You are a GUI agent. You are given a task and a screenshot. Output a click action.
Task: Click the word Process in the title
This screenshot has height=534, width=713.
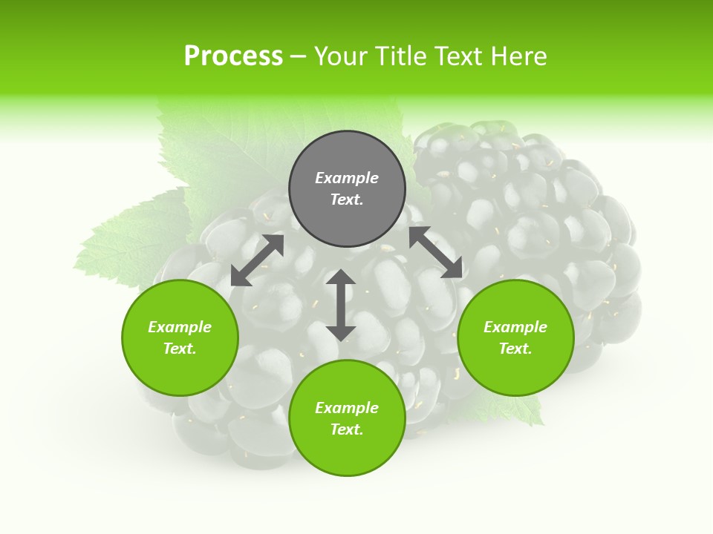tap(233, 56)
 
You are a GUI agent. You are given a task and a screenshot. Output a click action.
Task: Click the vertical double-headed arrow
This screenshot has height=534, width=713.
tap(341, 305)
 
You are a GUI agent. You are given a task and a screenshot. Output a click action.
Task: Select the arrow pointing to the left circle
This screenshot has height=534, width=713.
tap(257, 260)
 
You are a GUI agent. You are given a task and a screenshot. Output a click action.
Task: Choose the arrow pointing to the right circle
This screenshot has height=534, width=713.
tap(436, 252)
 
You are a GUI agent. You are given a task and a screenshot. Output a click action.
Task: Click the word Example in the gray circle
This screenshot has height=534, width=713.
tap(347, 178)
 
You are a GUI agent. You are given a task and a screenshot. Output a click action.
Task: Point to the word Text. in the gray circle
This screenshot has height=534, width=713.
tap(347, 200)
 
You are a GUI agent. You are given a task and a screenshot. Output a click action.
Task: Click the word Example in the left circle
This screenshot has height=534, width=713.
tap(180, 327)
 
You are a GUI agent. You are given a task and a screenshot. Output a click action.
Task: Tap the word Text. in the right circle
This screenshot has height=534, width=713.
tap(515, 349)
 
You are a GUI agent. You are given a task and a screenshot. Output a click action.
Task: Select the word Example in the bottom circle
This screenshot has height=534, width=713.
tap(347, 408)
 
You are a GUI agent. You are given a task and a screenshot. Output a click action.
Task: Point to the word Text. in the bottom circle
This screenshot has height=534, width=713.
tap(347, 429)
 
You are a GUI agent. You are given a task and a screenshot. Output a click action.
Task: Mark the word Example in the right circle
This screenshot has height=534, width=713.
tap(515, 327)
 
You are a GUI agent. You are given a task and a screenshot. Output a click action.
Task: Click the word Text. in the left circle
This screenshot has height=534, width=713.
tap(180, 349)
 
